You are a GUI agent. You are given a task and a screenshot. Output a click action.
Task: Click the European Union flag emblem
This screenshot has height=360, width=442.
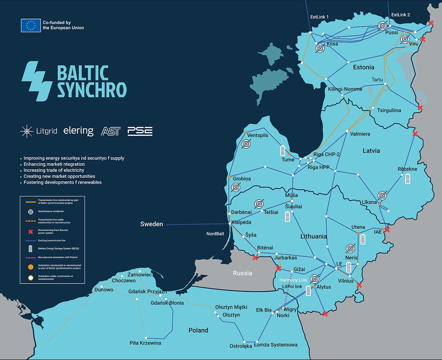point(31,25)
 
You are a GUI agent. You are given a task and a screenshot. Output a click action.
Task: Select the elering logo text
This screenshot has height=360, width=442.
point(78,131)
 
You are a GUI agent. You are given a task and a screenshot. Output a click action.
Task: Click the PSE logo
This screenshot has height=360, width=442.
point(140,131)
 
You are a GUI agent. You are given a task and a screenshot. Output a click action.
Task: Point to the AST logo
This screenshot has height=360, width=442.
point(110,131)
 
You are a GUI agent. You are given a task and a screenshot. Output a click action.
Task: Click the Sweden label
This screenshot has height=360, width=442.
point(152,224)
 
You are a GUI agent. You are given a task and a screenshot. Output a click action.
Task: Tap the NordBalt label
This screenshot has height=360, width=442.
point(215,234)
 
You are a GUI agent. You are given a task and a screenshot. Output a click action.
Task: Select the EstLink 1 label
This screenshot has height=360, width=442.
point(319,17)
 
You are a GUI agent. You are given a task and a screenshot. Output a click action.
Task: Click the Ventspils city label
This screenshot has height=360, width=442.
point(258,136)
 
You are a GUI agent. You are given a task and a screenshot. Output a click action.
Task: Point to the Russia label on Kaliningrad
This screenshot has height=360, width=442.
point(242,273)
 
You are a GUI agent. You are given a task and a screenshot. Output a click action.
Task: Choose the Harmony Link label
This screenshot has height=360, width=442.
point(294,280)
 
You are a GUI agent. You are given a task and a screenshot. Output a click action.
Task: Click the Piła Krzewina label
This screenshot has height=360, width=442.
point(145,343)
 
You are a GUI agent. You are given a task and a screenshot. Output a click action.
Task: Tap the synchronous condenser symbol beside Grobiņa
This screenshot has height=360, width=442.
point(236,187)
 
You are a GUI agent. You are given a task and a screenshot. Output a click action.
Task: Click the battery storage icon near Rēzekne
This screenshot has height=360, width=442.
point(407,179)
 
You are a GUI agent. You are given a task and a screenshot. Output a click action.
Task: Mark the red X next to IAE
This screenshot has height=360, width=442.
point(387,230)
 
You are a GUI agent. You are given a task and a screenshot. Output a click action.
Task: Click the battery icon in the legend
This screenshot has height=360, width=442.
point(30,249)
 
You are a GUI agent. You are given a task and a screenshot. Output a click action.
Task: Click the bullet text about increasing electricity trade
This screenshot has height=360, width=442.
point(54,171)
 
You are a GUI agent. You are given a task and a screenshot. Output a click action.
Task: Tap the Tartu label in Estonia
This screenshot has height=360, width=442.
point(377,80)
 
